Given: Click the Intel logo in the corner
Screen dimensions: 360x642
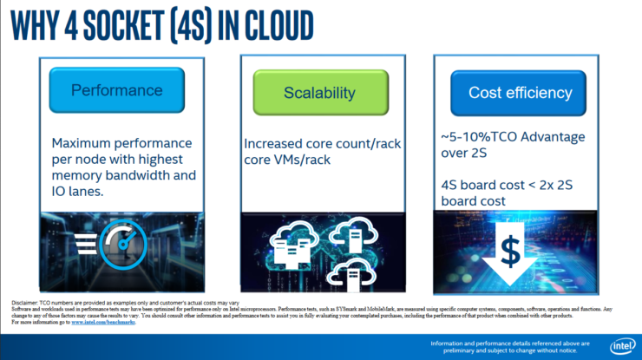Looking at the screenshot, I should point(619,346).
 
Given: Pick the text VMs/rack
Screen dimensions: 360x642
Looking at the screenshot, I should point(305,160).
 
